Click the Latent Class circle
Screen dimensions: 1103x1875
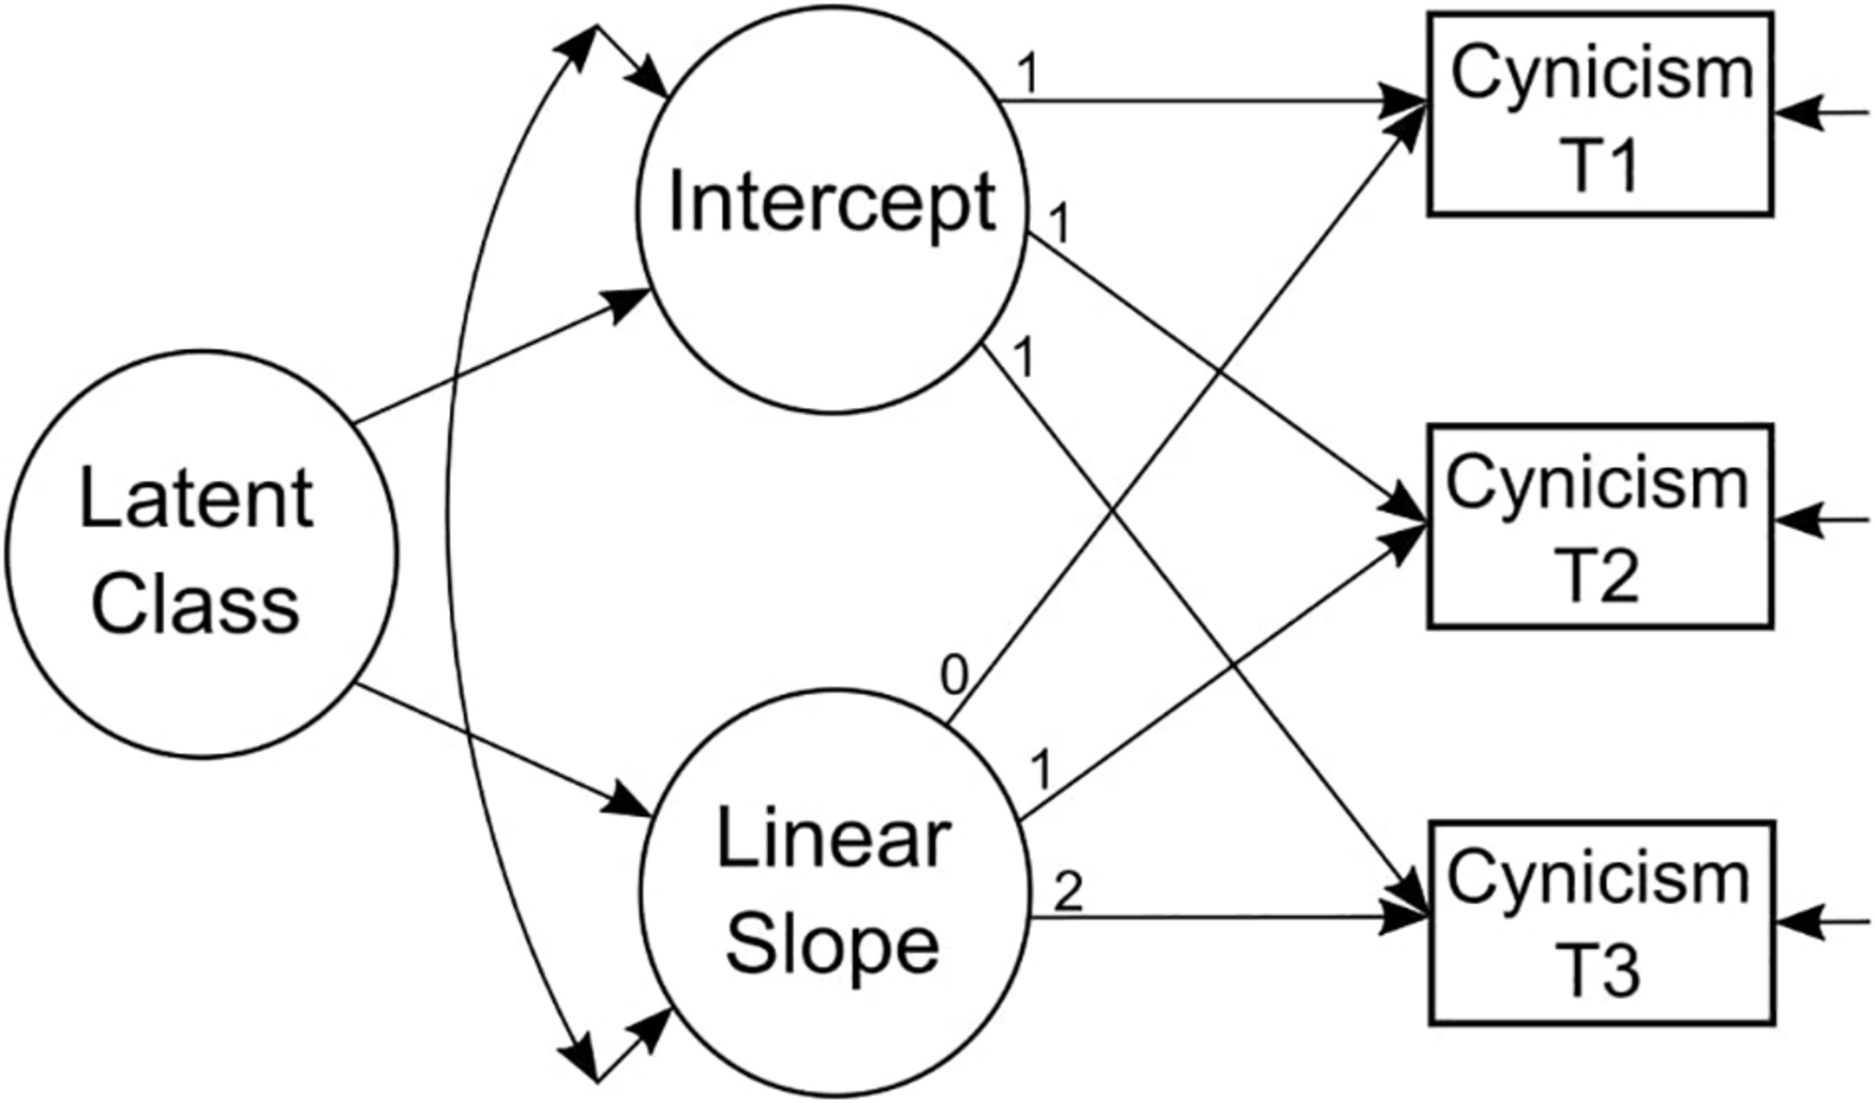point(201,554)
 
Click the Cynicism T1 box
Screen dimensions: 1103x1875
point(1600,114)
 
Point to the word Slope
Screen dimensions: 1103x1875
point(833,945)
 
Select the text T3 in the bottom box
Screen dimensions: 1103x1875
point(1598,973)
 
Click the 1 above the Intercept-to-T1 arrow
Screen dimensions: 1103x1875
point(1028,74)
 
